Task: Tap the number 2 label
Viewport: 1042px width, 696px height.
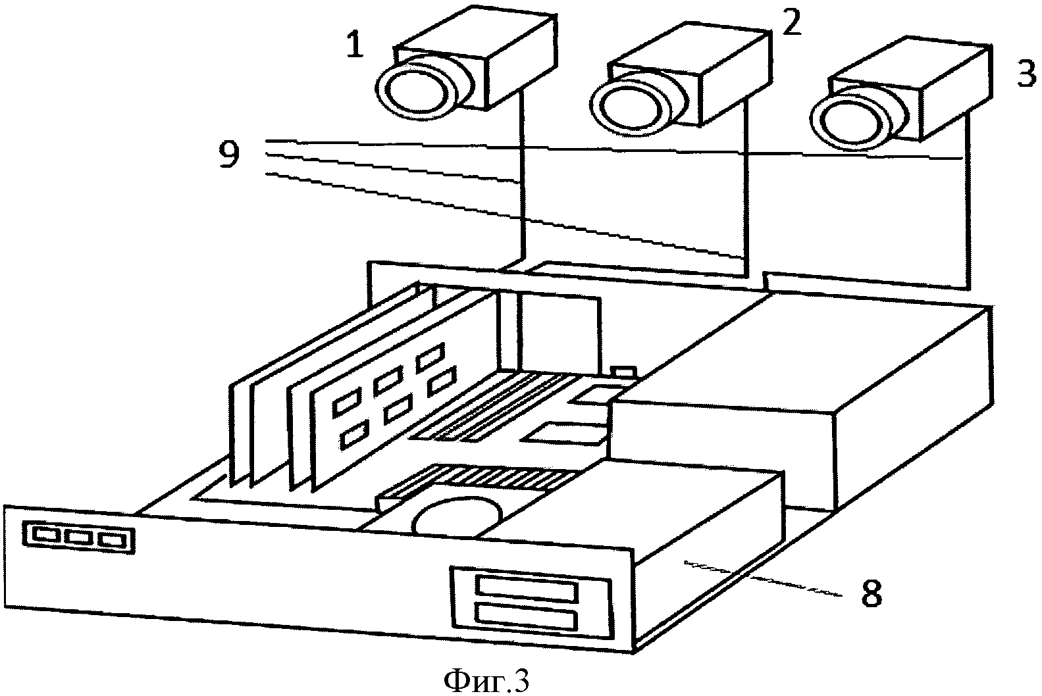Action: click(x=792, y=21)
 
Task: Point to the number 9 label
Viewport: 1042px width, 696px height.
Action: click(x=229, y=155)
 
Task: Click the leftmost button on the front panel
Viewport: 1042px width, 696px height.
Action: click(x=48, y=535)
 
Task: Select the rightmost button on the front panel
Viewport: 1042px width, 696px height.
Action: click(x=113, y=540)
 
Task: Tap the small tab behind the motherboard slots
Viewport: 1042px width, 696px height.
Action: click(x=624, y=371)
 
